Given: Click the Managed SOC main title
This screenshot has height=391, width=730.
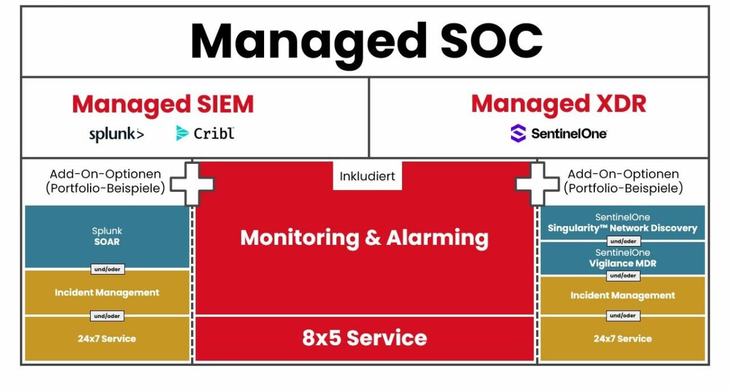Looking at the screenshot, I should tap(366, 41).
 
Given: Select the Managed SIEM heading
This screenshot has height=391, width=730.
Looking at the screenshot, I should tap(162, 105).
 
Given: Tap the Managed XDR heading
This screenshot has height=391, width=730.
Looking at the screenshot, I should tap(558, 105).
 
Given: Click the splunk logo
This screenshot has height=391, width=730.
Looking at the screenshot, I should tap(116, 134).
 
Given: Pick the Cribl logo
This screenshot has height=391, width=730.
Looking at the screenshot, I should tap(205, 133).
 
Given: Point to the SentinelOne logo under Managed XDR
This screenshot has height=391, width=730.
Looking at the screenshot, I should tap(558, 133).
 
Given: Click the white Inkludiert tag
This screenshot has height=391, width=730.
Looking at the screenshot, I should tap(367, 177).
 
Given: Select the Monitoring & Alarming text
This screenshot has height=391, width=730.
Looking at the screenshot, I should tap(364, 238).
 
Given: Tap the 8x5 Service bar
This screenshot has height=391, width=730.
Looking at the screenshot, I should tap(364, 338).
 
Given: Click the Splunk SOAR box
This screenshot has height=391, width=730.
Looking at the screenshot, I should tap(106, 236).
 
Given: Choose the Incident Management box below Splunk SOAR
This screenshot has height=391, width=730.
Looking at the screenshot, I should tap(106, 293).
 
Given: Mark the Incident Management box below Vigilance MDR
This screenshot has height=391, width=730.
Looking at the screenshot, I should tap(622, 296).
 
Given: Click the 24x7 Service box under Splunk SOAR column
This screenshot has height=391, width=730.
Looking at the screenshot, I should tap(106, 339).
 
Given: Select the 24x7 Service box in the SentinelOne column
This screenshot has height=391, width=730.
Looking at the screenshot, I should tap(622, 339).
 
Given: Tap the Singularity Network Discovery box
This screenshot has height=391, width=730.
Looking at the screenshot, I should tap(622, 223).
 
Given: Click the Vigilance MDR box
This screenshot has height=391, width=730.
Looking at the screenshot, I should tap(622, 258).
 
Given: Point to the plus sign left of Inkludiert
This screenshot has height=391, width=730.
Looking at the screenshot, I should tap(192, 183).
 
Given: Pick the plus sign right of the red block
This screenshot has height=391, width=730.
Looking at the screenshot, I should tap(538, 183).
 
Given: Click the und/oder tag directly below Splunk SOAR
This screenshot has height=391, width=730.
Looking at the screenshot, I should tap(107, 269).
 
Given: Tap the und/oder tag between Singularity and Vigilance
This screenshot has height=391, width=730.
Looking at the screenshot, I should tap(622, 242).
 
